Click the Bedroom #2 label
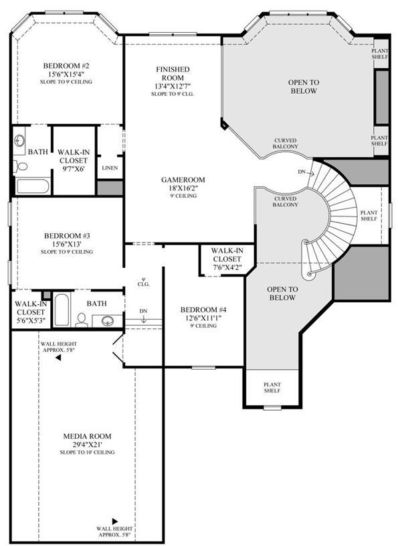coord(66,66)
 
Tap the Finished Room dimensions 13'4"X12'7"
coord(173,86)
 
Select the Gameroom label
coord(183,180)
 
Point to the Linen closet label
coord(110,168)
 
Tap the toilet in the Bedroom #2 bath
coord(21,166)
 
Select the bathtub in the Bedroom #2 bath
coord(32,186)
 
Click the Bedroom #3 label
coord(67,236)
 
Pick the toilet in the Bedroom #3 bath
coord(82,320)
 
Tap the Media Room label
coord(87,436)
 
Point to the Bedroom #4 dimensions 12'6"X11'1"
coord(204,318)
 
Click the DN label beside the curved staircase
coord(302,172)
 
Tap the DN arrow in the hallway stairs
coord(144,320)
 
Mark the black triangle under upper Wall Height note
coord(58,358)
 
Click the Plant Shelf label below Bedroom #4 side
coord(272,388)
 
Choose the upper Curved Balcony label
coord(286,143)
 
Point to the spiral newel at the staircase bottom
coord(309,275)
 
